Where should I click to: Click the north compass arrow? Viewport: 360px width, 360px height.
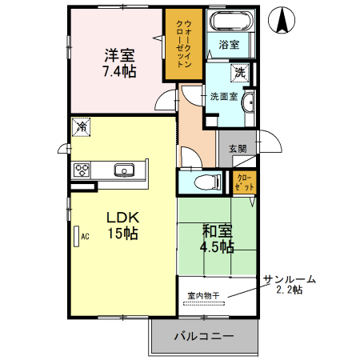[x=282, y=20]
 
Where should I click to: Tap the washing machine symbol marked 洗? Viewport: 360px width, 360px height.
[x=239, y=74]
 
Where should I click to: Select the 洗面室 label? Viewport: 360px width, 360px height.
[x=223, y=97]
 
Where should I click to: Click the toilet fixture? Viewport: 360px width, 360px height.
[x=208, y=182]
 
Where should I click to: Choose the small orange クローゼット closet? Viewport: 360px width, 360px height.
[x=244, y=182]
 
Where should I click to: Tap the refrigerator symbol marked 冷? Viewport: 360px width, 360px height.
[x=81, y=126]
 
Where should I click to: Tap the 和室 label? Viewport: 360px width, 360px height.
[x=217, y=230]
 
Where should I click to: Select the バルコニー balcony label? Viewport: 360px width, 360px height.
[x=204, y=337]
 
